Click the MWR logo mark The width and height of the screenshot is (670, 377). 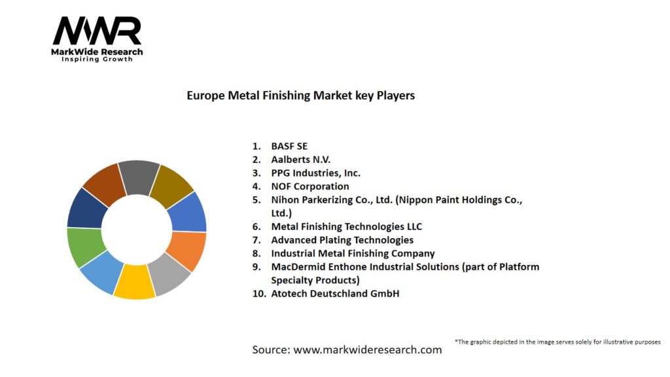[x=97, y=31]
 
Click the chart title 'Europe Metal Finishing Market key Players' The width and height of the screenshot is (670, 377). [x=300, y=96]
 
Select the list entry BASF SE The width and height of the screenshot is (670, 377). [x=289, y=146]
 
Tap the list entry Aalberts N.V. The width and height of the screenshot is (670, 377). [x=301, y=159]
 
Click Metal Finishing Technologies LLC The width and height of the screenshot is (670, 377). [x=346, y=226]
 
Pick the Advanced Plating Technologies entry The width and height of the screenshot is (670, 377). [x=342, y=240]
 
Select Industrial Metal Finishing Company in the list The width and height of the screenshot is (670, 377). [x=353, y=253]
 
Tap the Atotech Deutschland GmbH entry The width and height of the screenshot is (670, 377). [x=335, y=293]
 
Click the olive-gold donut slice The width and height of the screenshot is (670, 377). [x=172, y=185]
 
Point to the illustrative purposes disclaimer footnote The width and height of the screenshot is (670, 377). [x=557, y=342]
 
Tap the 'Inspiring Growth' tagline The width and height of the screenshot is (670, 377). [x=97, y=60]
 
